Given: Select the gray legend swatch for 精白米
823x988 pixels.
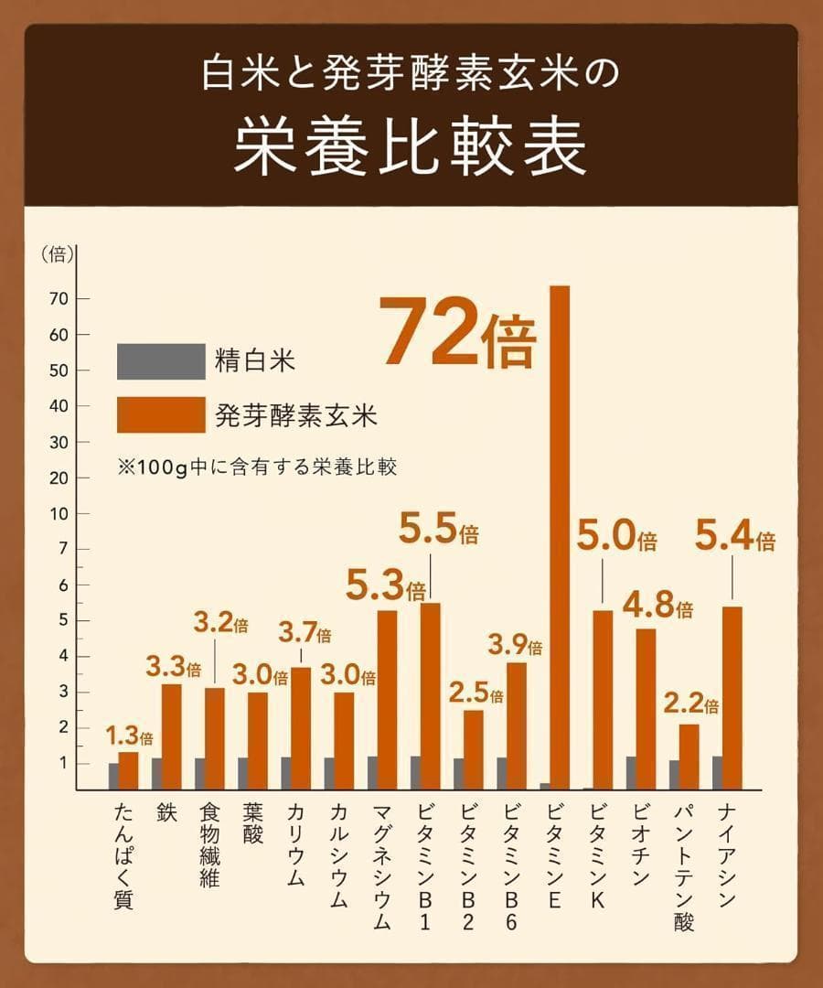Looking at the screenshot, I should click(x=161, y=361).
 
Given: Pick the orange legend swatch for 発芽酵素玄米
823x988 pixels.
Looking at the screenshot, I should click(x=161, y=415).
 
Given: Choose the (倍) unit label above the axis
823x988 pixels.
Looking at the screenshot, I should click(x=58, y=255).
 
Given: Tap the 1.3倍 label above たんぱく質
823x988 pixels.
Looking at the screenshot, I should click(x=129, y=735).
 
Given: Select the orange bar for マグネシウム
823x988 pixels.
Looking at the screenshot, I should click(x=387, y=700).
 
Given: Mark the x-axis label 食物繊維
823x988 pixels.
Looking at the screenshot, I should click(x=209, y=845).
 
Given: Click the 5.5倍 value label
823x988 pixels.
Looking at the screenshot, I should click(x=439, y=531).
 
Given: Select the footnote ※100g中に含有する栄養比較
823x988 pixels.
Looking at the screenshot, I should click(x=257, y=466).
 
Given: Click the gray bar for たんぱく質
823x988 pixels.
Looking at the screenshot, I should click(x=113, y=776).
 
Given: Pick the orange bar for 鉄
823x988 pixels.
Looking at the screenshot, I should click(x=171, y=736).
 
